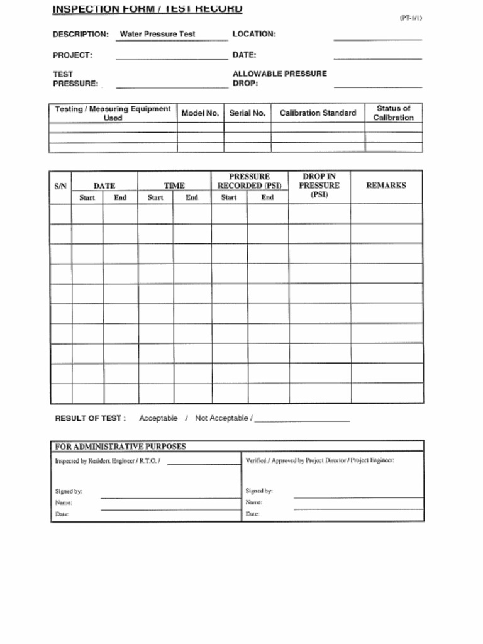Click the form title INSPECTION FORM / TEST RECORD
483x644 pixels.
pos(147,9)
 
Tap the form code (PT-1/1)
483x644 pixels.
pos(411,18)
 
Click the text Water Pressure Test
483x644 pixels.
pos(157,34)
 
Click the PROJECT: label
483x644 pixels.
pos(72,55)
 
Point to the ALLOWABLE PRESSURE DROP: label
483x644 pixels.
pos(279,78)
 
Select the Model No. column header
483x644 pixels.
pos(200,113)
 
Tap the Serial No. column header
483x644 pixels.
pos(247,113)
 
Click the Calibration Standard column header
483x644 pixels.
pos(318,113)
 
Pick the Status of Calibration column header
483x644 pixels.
pos(393,113)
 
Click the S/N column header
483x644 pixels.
pos(60,186)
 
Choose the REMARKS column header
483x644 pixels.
pos(386,186)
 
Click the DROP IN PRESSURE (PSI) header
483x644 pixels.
pos(319,186)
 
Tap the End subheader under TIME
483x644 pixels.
pos(192,197)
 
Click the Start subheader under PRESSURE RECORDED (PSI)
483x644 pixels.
pos(229,197)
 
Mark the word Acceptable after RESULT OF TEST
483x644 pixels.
pos(158,418)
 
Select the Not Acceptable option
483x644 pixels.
pos(221,418)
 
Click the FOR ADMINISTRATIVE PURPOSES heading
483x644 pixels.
pos(121,447)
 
